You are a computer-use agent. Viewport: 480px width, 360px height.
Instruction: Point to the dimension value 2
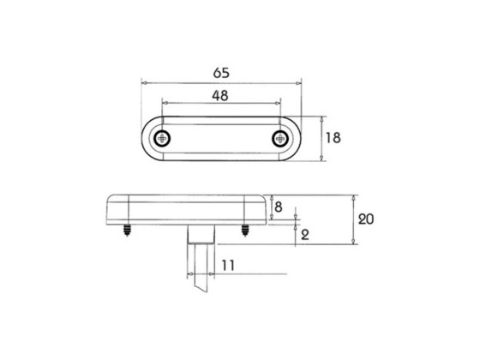306,234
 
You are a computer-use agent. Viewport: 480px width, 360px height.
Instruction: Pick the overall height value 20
366,219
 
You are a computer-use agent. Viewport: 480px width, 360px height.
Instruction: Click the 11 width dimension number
226,266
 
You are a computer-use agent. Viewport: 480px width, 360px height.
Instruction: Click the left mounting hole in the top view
163,139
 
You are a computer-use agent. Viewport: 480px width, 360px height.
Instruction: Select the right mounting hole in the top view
279,139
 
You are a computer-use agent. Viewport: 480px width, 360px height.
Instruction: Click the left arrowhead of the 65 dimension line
143,82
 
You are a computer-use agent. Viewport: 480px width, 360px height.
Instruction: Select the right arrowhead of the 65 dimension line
299,82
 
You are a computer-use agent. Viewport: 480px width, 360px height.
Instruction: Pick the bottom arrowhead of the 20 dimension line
353,243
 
